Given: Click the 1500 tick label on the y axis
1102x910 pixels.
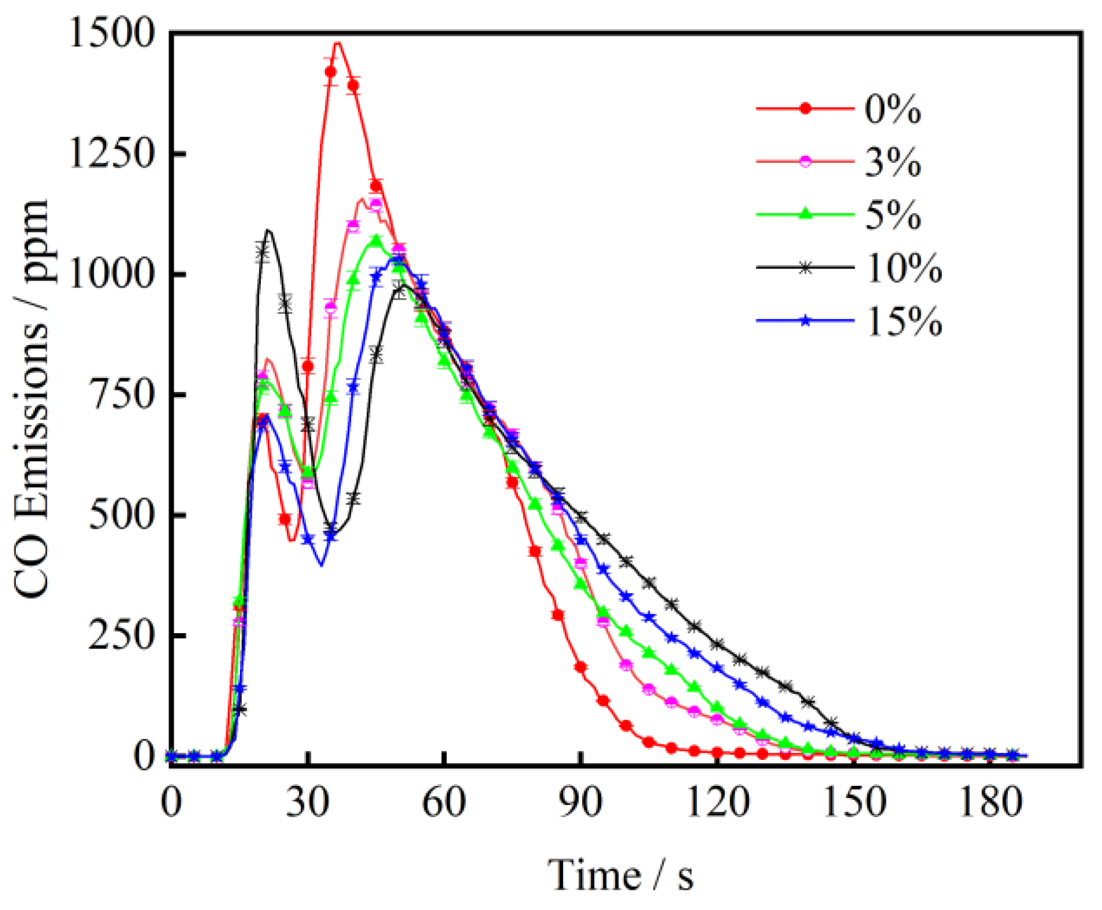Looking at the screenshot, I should click(x=112, y=33).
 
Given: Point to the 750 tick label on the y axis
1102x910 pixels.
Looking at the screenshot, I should click(x=121, y=395).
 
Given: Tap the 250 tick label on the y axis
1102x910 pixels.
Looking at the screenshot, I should click(x=121, y=635).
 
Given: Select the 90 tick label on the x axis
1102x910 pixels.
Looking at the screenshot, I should click(x=581, y=803).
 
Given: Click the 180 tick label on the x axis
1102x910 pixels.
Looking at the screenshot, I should click(x=990, y=803).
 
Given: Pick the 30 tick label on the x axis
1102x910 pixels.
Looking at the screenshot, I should click(x=308, y=803).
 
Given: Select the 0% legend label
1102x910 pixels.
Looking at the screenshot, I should click(x=893, y=110).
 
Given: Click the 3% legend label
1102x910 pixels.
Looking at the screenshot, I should click(x=893, y=163).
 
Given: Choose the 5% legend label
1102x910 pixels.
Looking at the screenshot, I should click(x=893, y=216).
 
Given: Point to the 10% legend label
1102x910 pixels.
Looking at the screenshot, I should click(x=903, y=269).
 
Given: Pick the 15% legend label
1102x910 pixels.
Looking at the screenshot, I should click(x=903, y=322).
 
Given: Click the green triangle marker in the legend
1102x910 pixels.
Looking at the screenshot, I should click(x=806, y=214).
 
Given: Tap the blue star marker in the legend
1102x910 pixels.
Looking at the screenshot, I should click(x=806, y=321).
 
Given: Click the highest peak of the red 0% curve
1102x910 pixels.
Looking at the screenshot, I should click(x=338, y=43).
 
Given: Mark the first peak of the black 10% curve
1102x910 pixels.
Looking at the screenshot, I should click(x=269, y=230).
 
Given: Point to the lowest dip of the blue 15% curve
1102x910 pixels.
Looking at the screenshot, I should click(x=321, y=564).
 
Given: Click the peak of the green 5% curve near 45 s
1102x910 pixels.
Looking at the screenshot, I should click(x=376, y=240).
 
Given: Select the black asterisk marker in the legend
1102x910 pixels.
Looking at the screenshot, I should click(x=806, y=268).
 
